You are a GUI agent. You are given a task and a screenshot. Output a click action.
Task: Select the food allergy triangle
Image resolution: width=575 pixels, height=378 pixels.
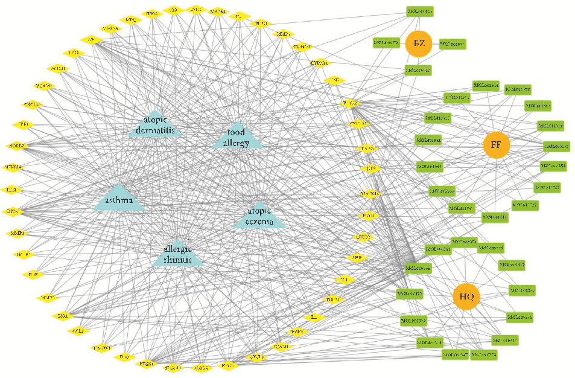(x=238, y=136)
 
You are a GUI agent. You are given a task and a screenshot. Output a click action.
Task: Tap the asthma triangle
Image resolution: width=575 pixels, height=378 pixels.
(x=119, y=200)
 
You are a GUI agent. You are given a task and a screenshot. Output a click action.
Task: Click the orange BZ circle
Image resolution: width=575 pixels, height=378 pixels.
(x=419, y=43)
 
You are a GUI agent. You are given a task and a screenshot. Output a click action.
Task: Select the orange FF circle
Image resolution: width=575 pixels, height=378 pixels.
(x=496, y=145)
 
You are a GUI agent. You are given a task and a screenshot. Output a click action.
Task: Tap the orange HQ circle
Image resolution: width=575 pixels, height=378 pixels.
(x=466, y=297)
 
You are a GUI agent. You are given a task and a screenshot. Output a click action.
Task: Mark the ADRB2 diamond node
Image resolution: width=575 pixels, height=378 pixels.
(x=18, y=146)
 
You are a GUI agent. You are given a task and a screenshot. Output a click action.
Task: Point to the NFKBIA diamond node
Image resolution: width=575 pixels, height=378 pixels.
(x=13, y=167)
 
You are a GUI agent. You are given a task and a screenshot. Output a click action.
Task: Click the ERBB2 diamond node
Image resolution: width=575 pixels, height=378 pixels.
(x=364, y=237)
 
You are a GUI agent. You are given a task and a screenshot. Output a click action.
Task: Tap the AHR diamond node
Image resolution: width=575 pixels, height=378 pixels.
(x=357, y=258)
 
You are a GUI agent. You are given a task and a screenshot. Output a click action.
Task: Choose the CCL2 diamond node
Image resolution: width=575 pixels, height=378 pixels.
(x=77, y=332)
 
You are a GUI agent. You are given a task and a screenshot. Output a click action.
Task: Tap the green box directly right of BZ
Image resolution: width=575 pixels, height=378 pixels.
(x=453, y=43)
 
